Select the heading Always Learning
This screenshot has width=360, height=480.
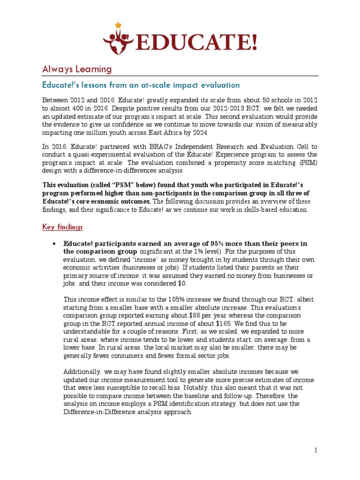click(x=77, y=69)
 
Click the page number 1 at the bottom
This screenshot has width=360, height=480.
click(x=316, y=450)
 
